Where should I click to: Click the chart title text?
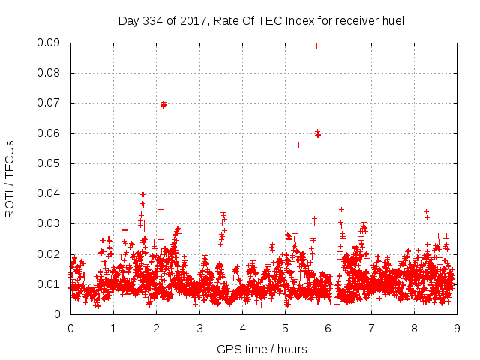pyautogui.click(x=261, y=21)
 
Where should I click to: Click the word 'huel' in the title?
pyautogui.click(x=392, y=21)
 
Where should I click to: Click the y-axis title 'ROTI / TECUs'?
pyautogui.click(x=10, y=178)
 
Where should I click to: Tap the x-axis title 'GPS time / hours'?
pyautogui.click(x=262, y=349)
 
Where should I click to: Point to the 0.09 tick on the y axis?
pyautogui.click(x=50, y=43)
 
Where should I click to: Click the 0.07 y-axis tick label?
pyautogui.click(x=50, y=103)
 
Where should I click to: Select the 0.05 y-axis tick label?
pyautogui.click(x=50, y=163)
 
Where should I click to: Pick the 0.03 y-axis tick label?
pyautogui.click(x=50, y=223)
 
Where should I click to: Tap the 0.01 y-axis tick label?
pyautogui.click(x=50, y=283)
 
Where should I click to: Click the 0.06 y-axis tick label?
pyautogui.click(x=50, y=133)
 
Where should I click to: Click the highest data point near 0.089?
pyautogui.click(x=316, y=46)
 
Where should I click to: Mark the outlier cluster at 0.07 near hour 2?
pyautogui.click(x=163, y=103)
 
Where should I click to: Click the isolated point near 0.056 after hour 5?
pyautogui.click(x=298, y=145)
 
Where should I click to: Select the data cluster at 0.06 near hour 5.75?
pyautogui.click(x=318, y=134)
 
